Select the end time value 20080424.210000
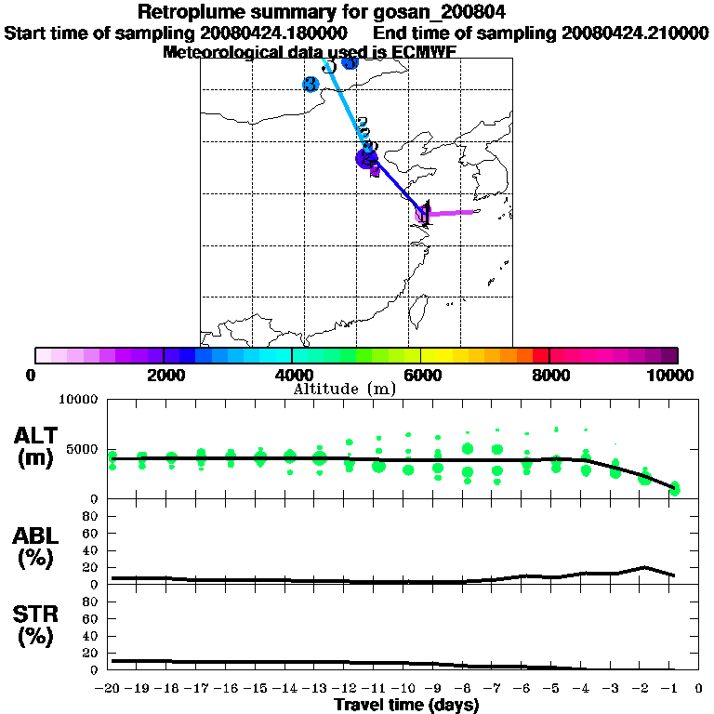pos(635,33)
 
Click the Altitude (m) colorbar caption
pos(345,389)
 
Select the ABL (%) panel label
pos(37,549)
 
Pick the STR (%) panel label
pos(37,625)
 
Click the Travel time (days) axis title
pos(405,706)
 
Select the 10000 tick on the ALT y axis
pos(79,400)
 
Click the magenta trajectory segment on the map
pos(451,213)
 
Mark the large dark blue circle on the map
pos(366,159)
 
